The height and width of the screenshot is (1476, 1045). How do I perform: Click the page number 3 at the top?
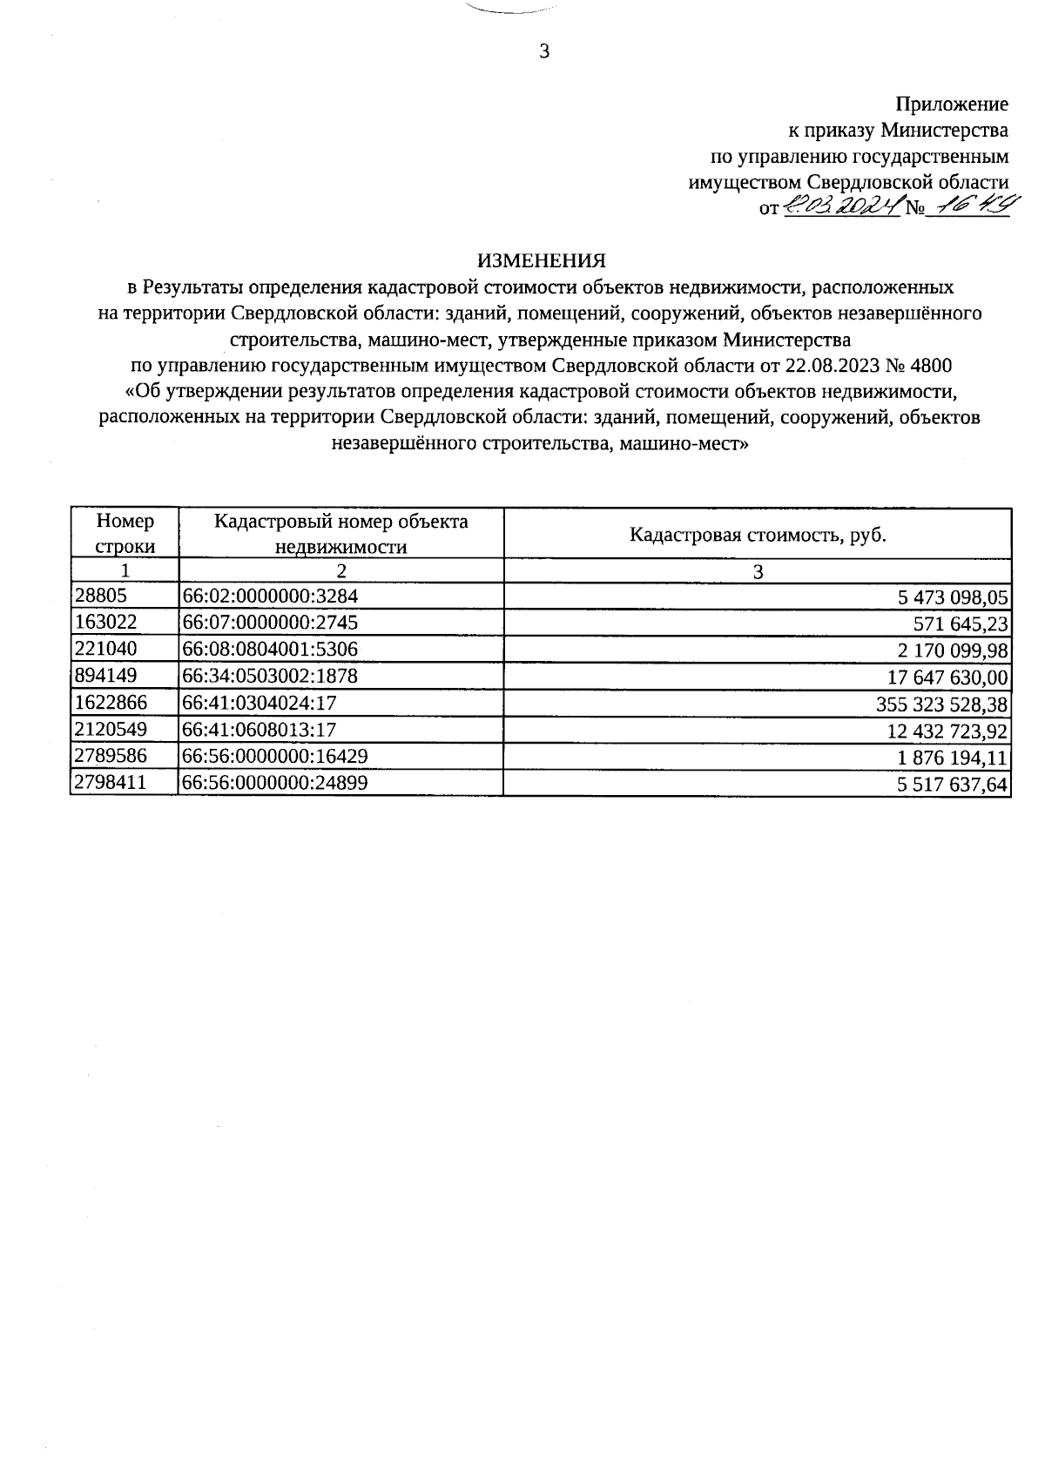(x=544, y=51)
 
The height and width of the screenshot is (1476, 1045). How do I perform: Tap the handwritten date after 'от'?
(x=841, y=207)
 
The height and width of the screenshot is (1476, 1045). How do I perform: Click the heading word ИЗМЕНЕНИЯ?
(x=541, y=260)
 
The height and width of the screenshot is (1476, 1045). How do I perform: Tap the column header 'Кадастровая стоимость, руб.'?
(x=758, y=535)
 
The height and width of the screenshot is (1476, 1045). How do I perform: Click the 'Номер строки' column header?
(x=125, y=534)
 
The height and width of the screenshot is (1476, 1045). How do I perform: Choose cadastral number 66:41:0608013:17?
(x=259, y=729)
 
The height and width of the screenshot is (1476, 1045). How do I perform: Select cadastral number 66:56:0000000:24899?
(x=274, y=783)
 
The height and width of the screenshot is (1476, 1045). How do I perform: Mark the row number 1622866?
(x=111, y=703)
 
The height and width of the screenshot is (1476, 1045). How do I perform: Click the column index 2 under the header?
(x=341, y=571)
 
